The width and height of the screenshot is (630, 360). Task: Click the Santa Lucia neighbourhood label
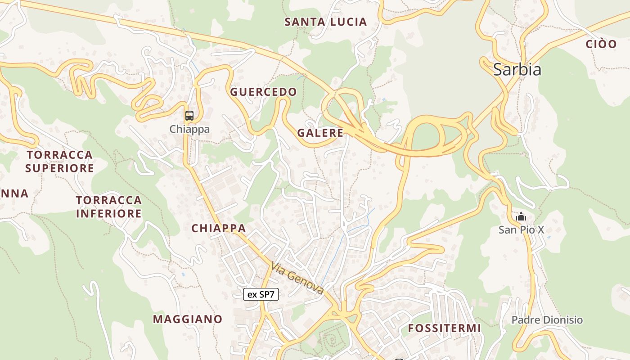pos(326,22)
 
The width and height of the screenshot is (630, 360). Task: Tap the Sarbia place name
pos(517,70)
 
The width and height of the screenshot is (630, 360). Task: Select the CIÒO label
pos(601,44)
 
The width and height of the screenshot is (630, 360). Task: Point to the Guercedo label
pos(263,92)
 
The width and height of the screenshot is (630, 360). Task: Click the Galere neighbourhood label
pos(320,133)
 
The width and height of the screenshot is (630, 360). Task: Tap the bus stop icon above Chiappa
pos(189,116)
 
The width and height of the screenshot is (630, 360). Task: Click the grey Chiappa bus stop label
pos(189,129)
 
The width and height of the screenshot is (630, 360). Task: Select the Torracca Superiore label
pos(59,162)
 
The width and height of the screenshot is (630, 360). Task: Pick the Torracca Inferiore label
pos(108,207)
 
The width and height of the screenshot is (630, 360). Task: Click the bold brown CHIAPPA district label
pos(219,228)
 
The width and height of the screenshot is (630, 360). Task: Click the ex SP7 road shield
pos(261,295)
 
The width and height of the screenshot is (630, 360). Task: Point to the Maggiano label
pos(188,319)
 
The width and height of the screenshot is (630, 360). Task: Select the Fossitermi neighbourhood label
pos(444,328)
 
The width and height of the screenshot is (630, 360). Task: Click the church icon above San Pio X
pos(521,217)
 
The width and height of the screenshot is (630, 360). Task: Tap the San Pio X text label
pos(521,230)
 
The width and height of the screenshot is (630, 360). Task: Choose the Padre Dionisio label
pos(547,320)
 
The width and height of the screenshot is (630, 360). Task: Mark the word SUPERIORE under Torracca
pos(59,169)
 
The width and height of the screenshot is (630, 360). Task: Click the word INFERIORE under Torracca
pos(108,213)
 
